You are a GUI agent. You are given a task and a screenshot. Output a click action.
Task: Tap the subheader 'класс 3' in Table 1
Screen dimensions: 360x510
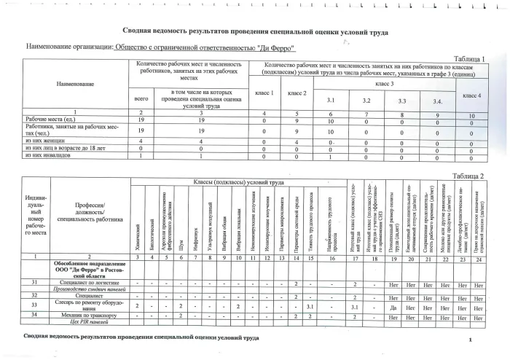point(380,85)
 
